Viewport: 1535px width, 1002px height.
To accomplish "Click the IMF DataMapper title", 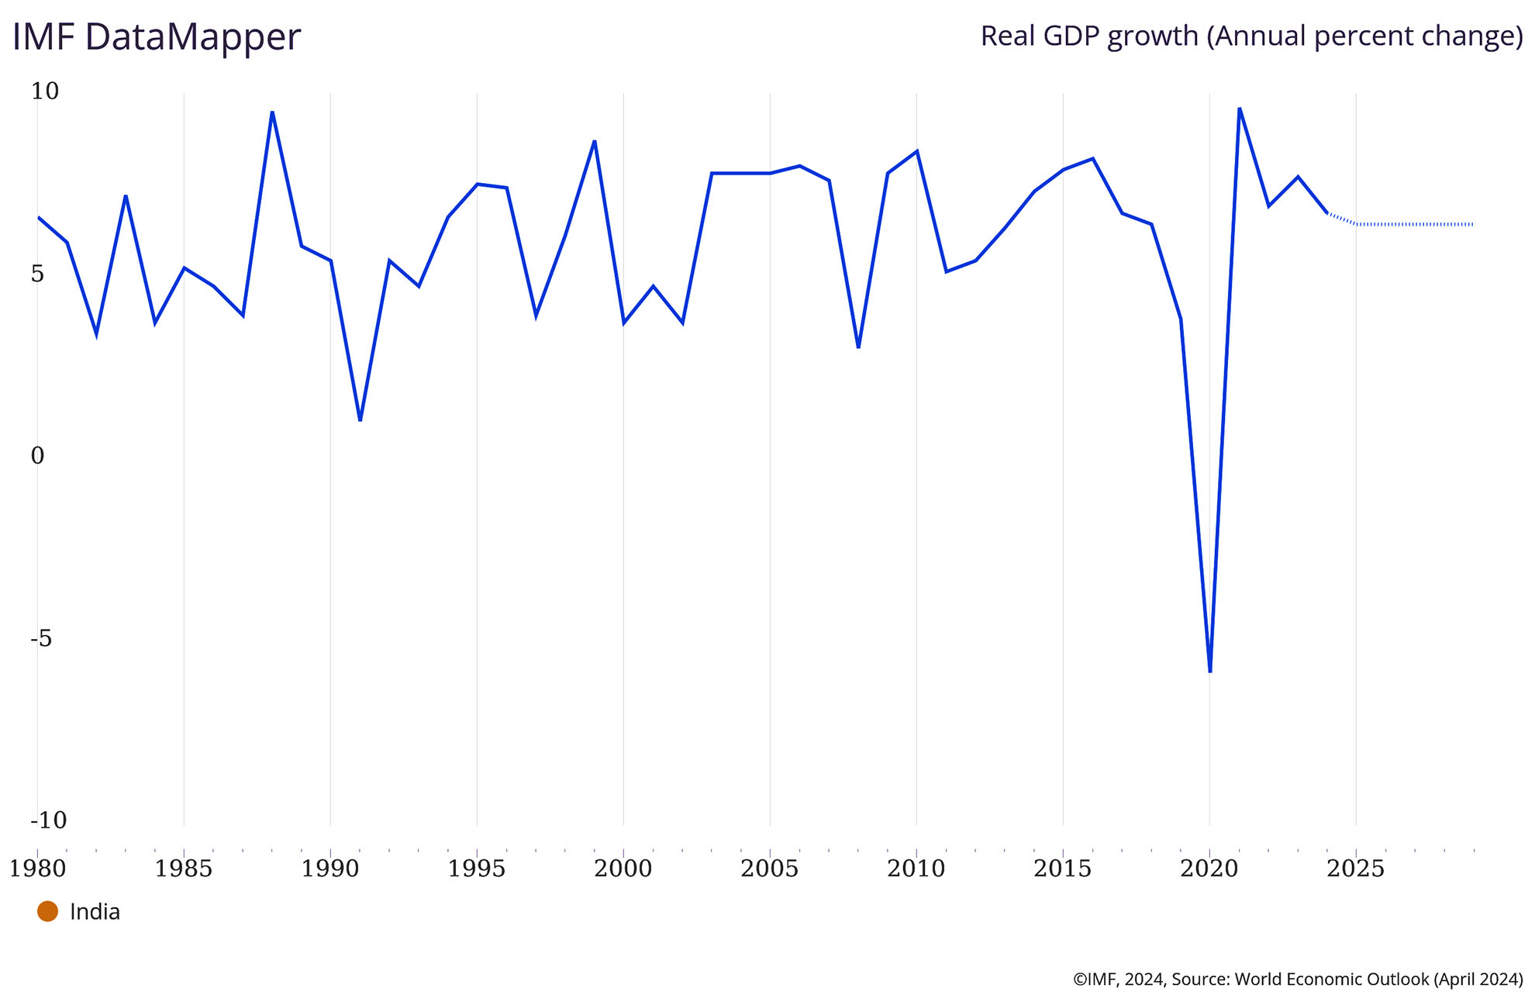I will pos(156,37).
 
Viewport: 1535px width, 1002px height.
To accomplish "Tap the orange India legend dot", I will pos(47,911).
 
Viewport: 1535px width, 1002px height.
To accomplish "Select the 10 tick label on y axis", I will pos(44,92).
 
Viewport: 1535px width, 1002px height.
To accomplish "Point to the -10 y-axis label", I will pos(48,820).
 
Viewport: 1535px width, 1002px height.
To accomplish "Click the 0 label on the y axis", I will pos(37,456).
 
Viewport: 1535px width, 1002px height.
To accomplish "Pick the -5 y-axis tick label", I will pos(41,638).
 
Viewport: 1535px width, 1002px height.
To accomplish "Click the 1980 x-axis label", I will pos(37,869).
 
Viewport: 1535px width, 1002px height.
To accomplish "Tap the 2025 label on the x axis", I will pos(1355,869).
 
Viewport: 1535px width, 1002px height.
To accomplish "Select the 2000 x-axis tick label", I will pos(623,869).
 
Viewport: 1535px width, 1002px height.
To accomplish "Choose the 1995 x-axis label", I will pos(476,869).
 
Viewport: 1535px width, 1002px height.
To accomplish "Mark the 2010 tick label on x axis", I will pos(916,869).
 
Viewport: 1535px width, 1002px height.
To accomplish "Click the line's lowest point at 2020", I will pos(1210,671).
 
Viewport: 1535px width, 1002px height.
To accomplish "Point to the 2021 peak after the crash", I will pos(1239,109).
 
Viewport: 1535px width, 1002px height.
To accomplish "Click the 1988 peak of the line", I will pos(272,112).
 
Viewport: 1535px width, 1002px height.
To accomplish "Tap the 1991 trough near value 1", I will pos(360,420).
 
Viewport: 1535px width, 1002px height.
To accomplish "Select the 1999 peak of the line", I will pos(595,141).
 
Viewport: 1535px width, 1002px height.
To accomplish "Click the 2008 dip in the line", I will pos(858,347).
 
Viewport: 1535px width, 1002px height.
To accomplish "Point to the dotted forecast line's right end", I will pos(1472,224).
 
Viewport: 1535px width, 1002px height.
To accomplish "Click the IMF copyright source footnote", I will pos(1298,980).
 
